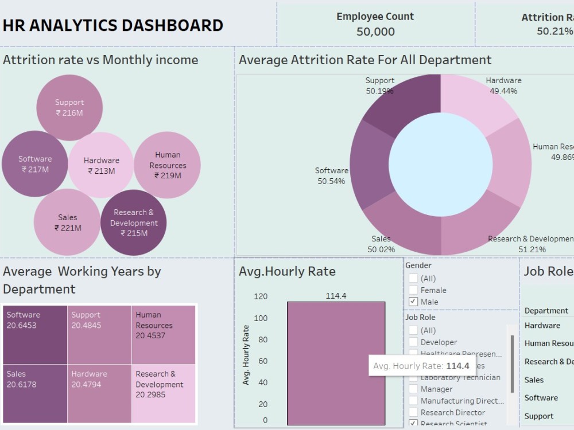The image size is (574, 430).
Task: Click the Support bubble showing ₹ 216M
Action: click(69, 108)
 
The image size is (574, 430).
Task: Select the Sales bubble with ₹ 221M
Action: click(67, 222)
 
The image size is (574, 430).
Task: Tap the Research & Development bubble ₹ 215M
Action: click(134, 222)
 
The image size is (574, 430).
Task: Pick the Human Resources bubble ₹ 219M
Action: click(167, 165)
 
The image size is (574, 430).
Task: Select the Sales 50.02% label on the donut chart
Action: click(381, 244)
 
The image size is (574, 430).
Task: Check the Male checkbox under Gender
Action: click(413, 302)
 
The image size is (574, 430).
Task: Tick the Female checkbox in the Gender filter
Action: click(413, 290)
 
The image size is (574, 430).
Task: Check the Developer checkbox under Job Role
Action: click(413, 342)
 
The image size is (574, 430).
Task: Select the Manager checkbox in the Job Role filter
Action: click(413, 389)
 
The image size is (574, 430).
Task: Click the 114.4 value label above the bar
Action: click(336, 296)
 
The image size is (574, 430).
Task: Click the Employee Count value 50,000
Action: click(375, 32)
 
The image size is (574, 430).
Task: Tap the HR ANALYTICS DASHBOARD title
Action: click(113, 25)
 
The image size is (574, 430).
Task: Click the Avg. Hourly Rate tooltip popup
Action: click(421, 366)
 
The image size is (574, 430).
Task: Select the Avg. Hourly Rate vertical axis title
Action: click(246, 355)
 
